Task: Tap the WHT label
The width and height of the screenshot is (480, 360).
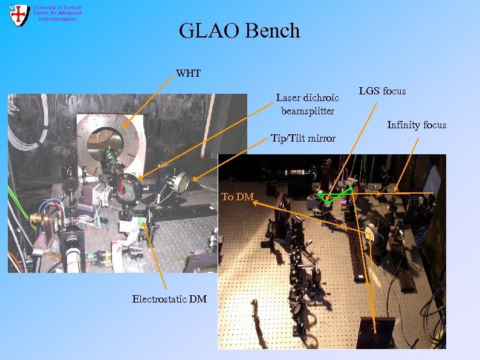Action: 188,74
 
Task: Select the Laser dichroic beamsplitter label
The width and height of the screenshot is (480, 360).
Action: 308,104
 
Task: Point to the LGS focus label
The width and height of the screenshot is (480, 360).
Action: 382,91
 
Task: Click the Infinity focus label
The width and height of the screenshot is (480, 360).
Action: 417,125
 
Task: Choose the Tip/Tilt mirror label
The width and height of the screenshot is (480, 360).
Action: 303,139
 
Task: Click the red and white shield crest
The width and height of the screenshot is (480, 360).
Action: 19,15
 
